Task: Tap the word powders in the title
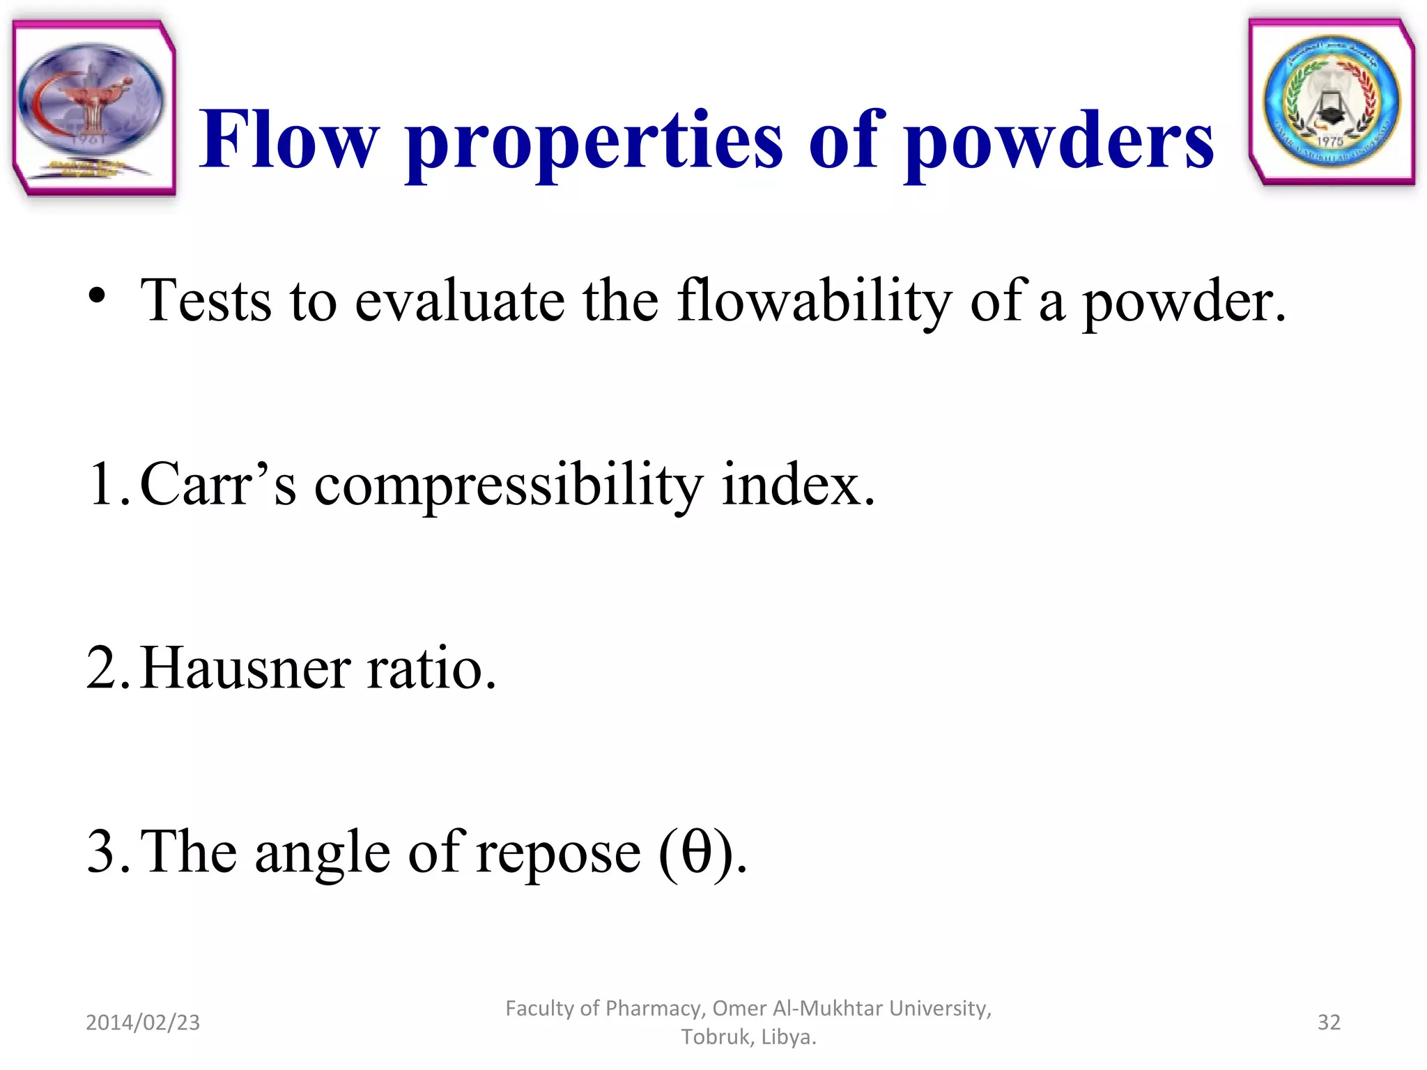[1059, 143]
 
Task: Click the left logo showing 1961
[93, 108]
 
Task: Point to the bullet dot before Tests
[98, 297]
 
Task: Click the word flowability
[814, 301]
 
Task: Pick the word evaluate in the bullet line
[460, 301]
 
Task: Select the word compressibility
[509, 486]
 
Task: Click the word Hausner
[245, 668]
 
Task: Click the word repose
[557, 854]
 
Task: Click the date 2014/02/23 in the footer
[143, 1022]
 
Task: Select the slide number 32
[1329, 1022]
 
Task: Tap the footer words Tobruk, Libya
[748, 1037]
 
